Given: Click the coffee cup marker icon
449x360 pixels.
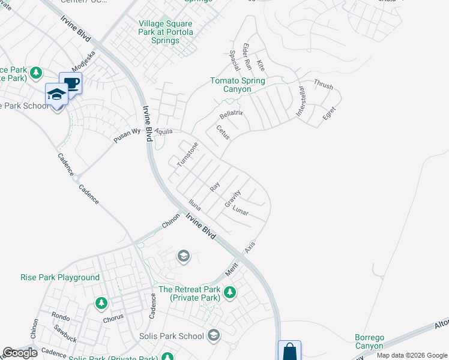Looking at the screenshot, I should tap(71, 83).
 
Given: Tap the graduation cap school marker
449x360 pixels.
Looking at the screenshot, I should tap(57, 94).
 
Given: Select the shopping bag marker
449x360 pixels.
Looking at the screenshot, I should tap(289, 350).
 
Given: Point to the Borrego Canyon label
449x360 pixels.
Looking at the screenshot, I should tap(368, 341).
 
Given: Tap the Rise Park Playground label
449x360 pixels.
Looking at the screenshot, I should tap(60, 278).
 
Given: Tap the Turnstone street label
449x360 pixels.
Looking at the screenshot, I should tap(187, 154).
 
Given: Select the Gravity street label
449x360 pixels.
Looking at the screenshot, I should tap(232, 199).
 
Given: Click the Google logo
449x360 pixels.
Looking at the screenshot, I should tap(20, 353).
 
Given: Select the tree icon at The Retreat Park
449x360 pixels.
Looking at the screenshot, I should tap(229, 292).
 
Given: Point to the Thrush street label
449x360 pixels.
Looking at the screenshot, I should tap(323, 85).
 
